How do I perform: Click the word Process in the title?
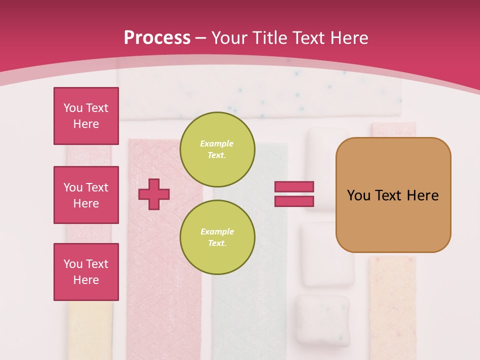click(x=157, y=38)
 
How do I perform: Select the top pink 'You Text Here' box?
click(x=86, y=116)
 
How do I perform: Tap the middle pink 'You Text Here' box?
click(x=86, y=195)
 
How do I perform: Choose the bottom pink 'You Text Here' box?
click(x=86, y=272)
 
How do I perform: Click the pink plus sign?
click(x=154, y=194)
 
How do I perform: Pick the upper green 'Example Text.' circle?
click(x=217, y=149)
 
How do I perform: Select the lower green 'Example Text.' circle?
click(x=217, y=237)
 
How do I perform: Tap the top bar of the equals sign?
click(x=294, y=186)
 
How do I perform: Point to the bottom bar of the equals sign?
click(x=294, y=201)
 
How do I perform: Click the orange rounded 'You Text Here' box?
click(x=393, y=195)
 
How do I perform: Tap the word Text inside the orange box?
click(x=388, y=195)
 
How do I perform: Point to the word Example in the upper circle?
click(x=217, y=143)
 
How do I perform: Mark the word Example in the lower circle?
click(x=217, y=231)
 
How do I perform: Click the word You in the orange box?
click(x=359, y=195)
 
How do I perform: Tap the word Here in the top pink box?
click(x=86, y=124)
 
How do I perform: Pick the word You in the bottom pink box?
click(x=73, y=264)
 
